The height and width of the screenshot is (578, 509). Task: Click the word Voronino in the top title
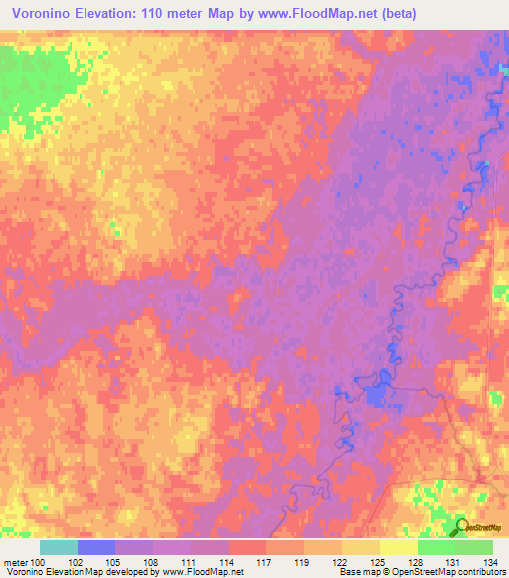(x=48, y=14)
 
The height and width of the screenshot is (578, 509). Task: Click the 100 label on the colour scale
(x=38, y=563)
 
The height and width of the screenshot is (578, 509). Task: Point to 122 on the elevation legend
(x=340, y=563)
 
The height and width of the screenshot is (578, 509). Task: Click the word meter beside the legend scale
(x=14, y=563)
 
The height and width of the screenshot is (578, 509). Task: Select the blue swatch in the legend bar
(x=96, y=547)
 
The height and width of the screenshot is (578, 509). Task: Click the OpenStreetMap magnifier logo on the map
(x=463, y=528)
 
